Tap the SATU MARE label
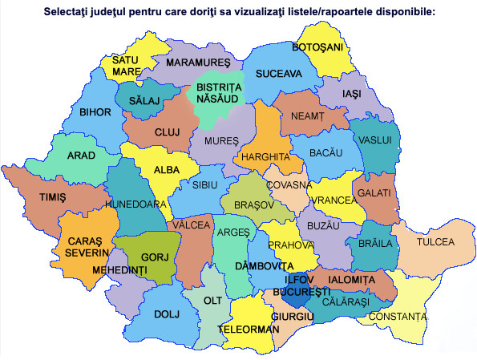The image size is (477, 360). tap(126, 66)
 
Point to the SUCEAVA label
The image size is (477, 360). tap(278, 74)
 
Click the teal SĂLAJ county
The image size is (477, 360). tap(144, 100)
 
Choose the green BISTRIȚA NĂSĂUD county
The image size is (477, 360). tap(218, 92)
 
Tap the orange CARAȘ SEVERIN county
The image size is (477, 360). tap(84, 247)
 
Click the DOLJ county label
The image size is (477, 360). tap(165, 313)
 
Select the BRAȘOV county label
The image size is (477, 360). tap(254, 204)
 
